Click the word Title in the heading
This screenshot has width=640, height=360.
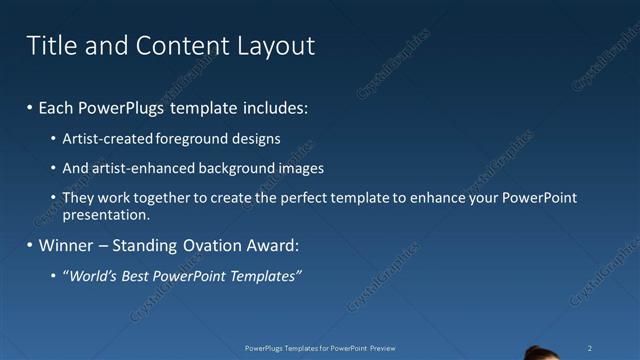tap(48, 45)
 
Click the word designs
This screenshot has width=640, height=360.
tap(257, 139)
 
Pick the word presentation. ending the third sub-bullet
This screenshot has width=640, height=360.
tap(106, 213)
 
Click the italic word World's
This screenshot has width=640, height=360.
tap(92, 275)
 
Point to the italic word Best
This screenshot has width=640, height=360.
tap(139, 275)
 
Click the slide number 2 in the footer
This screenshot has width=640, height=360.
tap(590, 348)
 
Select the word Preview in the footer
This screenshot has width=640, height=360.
tap(380, 348)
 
